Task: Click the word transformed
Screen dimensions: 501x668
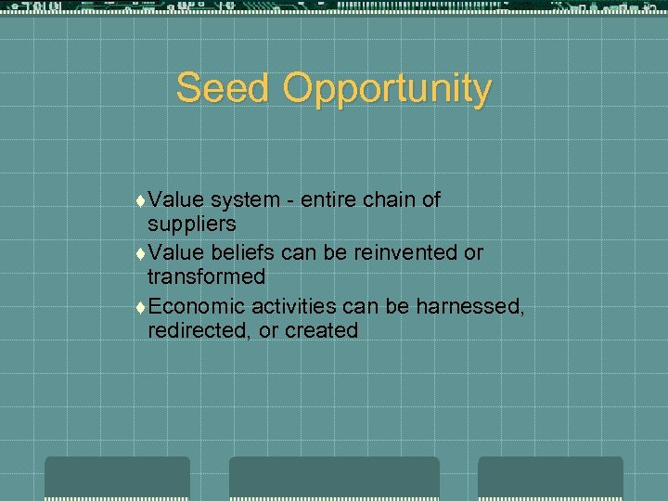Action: pos(206,276)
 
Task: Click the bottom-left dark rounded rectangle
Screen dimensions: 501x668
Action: pos(118,478)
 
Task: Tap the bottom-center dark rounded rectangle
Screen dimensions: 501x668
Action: pos(334,478)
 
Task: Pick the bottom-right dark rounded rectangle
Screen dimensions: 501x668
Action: pos(550,478)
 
